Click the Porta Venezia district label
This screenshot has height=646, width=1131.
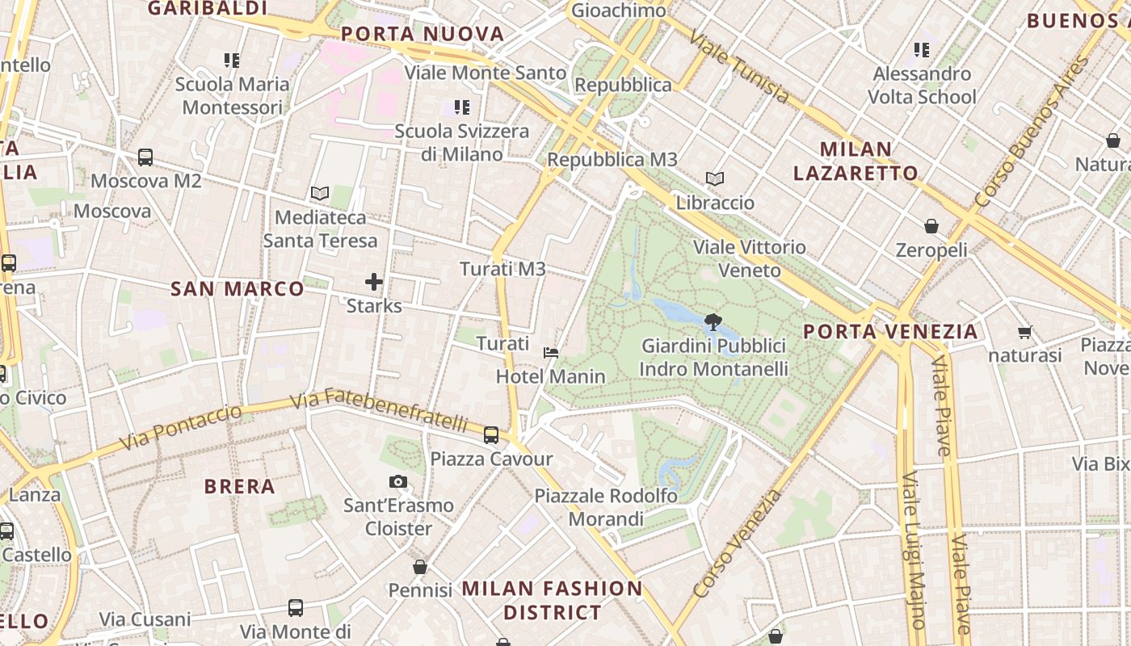click(x=890, y=332)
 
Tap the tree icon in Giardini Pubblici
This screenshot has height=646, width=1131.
click(x=713, y=322)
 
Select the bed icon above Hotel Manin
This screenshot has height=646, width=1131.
click(x=551, y=352)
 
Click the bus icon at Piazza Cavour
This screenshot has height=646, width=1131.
click(x=490, y=435)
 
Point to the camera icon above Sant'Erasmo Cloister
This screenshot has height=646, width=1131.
click(x=397, y=482)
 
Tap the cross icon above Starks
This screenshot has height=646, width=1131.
click(x=373, y=282)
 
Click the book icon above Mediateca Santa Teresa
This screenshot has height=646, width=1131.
click(x=320, y=194)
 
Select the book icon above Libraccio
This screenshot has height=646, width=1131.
click(x=714, y=179)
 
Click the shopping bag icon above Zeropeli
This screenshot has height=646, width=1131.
click(x=931, y=226)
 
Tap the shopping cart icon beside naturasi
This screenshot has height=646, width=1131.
click(x=1025, y=332)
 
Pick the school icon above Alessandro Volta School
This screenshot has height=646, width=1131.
click(x=922, y=50)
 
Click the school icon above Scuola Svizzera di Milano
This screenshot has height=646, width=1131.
click(x=461, y=107)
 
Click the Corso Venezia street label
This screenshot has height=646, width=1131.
click(x=738, y=543)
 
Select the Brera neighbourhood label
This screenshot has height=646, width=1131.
click(x=240, y=487)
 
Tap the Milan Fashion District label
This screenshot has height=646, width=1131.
click(x=553, y=600)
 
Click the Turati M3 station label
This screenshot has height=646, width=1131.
click(x=502, y=269)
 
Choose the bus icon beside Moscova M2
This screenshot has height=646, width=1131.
click(x=145, y=157)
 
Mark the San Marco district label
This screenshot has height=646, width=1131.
click(x=238, y=289)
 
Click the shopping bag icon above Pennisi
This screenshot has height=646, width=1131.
click(x=419, y=567)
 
